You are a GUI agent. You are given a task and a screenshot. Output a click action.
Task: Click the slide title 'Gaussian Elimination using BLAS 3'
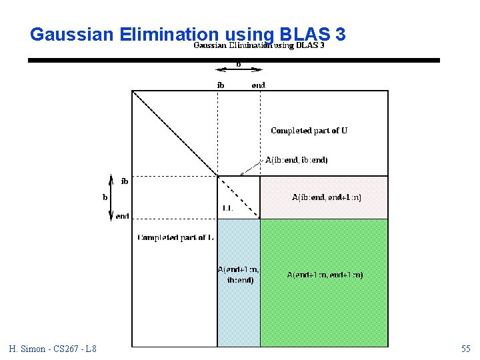click(187, 34)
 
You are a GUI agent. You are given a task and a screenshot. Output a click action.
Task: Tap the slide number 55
click(465, 349)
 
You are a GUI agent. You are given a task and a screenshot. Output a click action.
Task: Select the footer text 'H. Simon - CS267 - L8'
click(53, 349)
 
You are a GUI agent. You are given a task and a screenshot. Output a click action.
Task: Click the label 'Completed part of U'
click(309, 131)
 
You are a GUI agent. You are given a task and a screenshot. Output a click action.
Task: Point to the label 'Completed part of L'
click(175, 237)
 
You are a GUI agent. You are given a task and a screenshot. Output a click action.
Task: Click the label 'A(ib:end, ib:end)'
click(296, 160)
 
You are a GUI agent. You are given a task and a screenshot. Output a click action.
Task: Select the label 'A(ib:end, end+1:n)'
click(327, 197)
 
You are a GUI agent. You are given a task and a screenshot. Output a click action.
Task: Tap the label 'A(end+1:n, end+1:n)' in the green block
click(325, 275)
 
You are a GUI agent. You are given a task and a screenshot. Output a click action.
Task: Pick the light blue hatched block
click(238, 313)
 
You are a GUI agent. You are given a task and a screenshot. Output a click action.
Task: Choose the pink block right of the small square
click(323, 187)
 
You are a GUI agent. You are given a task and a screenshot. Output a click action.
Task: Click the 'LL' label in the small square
click(227, 208)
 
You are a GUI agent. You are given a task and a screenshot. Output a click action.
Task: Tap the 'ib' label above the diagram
click(221, 85)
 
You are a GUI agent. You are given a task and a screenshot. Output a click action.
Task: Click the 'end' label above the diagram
click(258, 85)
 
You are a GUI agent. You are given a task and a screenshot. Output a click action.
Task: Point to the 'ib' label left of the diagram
click(125, 181)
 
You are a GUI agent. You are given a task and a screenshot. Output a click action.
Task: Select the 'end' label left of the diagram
click(123, 216)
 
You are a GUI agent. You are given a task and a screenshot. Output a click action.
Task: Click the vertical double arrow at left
click(111, 197)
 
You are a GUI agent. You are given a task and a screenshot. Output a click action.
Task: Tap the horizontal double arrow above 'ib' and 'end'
click(238, 70)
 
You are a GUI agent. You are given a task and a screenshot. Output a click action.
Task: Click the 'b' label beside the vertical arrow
click(105, 197)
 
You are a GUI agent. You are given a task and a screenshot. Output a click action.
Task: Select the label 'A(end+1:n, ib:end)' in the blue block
click(238, 275)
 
